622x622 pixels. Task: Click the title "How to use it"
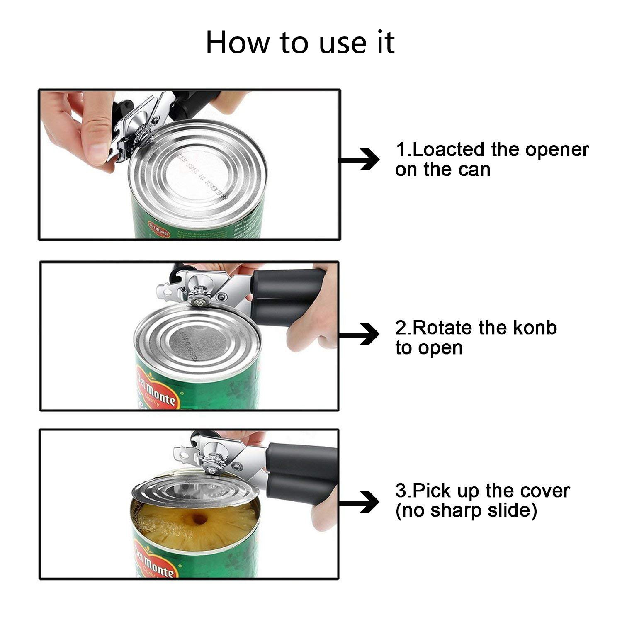pyautogui.click(x=300, y=42)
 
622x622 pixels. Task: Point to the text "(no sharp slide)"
pyautogui.click(x=466, y=510)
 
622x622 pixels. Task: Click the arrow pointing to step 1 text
pyautogui.click(x=360, y=159)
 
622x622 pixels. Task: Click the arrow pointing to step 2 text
pyautogui.click(x=360, y=334)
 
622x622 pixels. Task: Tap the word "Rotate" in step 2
pyautogui.click(x=443, y=328)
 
